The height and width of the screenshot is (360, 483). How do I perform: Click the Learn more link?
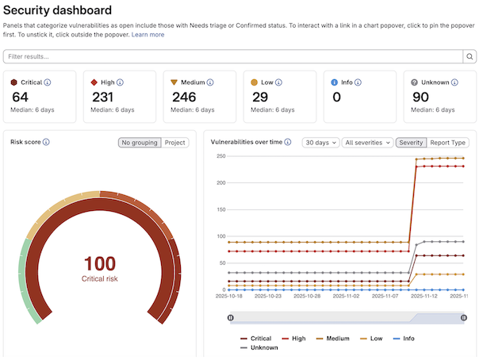click(148, 35)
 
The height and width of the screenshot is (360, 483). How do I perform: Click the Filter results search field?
click(233, 56)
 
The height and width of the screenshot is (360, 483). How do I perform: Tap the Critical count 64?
click(21, 98)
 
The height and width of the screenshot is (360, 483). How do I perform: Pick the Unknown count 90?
click(421, 98)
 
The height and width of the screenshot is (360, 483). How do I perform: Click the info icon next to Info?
click(358, 82)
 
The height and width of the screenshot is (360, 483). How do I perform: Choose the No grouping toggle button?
click(140, 143)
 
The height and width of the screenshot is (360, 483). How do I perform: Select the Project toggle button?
click(175, 143)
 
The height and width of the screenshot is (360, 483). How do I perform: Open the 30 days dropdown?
click(320, 143)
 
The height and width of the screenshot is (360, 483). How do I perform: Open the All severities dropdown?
click(367, 143)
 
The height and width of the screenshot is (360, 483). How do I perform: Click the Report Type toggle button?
click(448, 143)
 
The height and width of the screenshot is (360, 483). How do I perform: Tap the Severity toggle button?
click(411, 143)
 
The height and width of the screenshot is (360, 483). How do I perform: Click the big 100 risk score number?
click(99, 263)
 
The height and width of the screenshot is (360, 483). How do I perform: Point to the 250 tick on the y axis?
click(221, 156)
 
